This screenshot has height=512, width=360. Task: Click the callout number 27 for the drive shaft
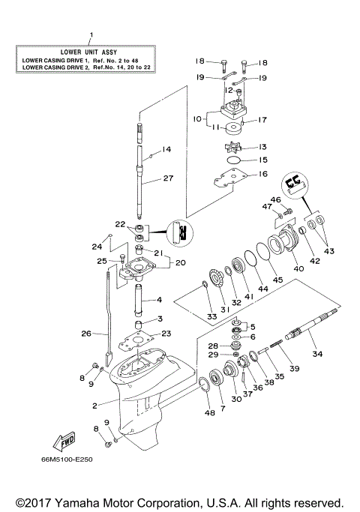[x=168, y=179]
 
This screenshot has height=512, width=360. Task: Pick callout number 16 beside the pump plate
[x=263, y=173]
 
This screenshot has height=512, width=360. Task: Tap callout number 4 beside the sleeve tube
[x=159, y=301]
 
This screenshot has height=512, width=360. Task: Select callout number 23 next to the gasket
[x=166, y=334]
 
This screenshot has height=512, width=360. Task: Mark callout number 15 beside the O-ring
[x=263, y=160]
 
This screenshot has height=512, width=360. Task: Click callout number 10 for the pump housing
[x=197, y=118]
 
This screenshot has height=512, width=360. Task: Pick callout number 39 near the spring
[x=295, y=368]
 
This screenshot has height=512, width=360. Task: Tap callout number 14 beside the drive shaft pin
[x=166, y=149]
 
